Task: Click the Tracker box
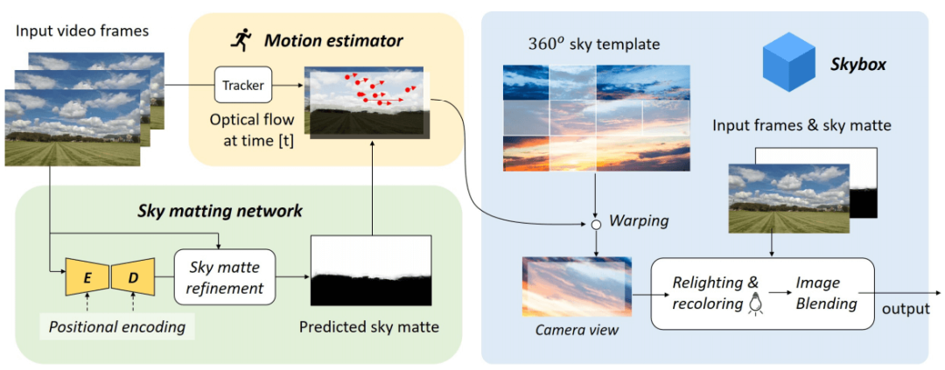(x=243, y=85)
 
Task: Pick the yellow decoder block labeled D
(x=134, y=276)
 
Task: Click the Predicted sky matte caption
(x=368, y=328)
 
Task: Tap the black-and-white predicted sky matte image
(x=371, y=271)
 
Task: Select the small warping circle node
(x=595, y=225)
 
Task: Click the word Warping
(x=640, y=221)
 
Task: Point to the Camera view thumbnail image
(x=576, y=286)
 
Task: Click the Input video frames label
(x=82, y=31)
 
